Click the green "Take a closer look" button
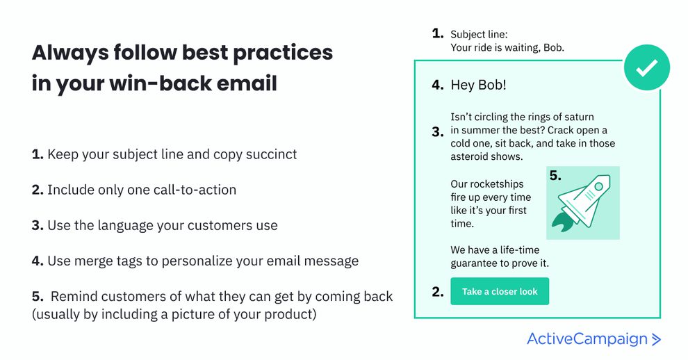(x=500, y=291)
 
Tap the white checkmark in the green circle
(x=646, y=67)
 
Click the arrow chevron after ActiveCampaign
(x=655, y=339)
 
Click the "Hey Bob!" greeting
(x=478, y=85)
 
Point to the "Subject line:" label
(x=479, y=34)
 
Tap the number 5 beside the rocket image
(x=555, y=176)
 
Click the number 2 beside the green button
(x=437, y=292)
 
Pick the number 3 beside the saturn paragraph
(x=437, y=131)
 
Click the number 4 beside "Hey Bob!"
(x=437, y=85)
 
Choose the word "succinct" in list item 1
(x=270, y=154)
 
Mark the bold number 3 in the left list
(x=38, y=226)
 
